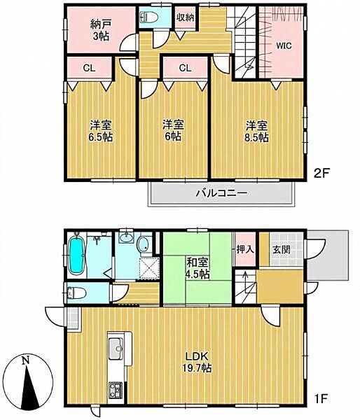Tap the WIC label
click(x=283, y=45)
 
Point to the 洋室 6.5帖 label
click(x=101, y=132)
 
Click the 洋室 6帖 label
click(x=172, y=132)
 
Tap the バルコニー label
click(x=220, y=192)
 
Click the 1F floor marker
click(x=321, y=400)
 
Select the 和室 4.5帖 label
click(x=196, y=269)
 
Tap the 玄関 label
click(x=282, y=250)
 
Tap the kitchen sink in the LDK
click(x=116, y=346)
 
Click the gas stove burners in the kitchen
click(x=115, y=389)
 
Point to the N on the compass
click(x=25, y=361)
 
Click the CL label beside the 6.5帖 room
click(x=90, y=68)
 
